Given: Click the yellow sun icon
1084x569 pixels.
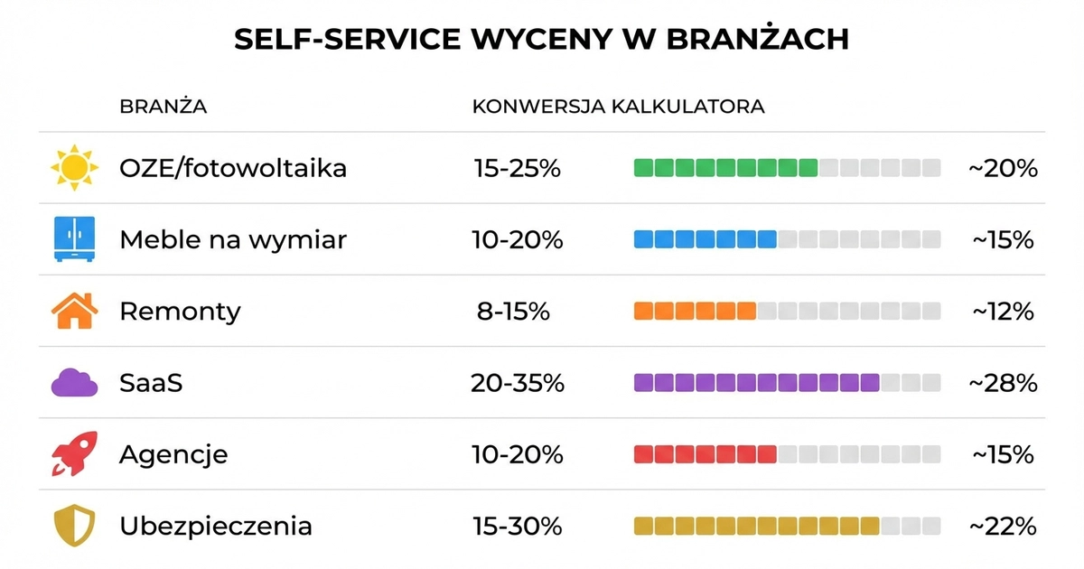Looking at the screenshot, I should (74, 168).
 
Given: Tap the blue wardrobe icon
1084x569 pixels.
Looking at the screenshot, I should (74, 239).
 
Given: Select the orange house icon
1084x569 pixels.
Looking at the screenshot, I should (74, 311).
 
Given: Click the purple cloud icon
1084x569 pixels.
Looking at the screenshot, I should (74, 383).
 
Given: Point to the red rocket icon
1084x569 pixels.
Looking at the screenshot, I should (74, 454).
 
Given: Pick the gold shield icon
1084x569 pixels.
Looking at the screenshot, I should (74, 526).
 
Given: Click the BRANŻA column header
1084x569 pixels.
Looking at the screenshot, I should (163, 107).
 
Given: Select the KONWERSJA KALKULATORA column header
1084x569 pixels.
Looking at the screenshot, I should (618, 107).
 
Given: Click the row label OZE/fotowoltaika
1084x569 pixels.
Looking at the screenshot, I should (233, 168).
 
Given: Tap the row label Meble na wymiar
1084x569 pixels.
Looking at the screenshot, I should (233, 239).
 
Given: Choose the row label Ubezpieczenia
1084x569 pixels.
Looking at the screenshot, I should (216, 526).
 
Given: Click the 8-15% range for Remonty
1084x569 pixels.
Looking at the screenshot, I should (513, 311).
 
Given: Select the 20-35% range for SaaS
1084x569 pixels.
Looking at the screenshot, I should (518, 383).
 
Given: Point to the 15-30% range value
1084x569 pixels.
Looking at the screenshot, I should (518, 526).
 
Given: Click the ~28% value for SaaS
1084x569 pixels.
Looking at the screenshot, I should (1003, 383).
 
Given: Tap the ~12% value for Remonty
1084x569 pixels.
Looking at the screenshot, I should (1003, 311).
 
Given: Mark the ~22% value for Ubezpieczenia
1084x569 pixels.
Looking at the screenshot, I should (1003, 526).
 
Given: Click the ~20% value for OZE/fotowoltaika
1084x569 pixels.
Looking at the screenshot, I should (1003, 168).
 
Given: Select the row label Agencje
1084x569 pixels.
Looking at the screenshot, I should (173, 454).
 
